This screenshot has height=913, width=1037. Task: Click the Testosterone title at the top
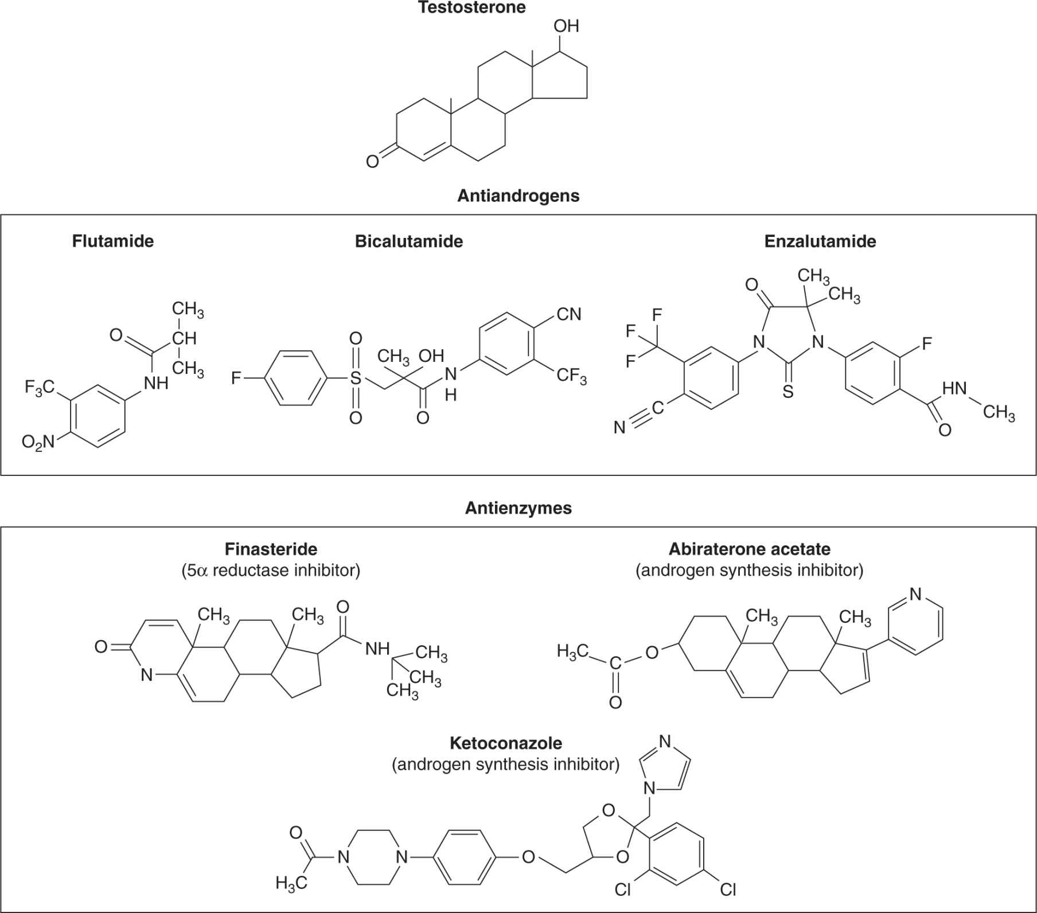click(x=472, y=7)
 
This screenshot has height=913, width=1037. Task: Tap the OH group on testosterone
click(x=566, y=26)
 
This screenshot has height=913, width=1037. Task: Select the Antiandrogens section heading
click(x=518, y=196)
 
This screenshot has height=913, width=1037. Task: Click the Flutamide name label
click(x=113, y=241)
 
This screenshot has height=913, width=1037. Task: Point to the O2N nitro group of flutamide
click(x=38, y=442)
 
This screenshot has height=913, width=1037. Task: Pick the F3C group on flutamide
click(x=39, y=388)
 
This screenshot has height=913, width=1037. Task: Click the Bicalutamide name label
click(x=408, y=241)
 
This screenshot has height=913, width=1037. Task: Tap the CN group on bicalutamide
click(x=568, y=314)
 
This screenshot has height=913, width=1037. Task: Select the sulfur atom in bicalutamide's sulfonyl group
click(x=356, y=378)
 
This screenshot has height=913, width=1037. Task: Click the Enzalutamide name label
click(x=820, y=241)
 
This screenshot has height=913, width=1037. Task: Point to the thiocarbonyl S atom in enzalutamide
click(x=788, y=392)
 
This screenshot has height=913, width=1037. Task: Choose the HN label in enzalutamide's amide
click(x=954, y=388)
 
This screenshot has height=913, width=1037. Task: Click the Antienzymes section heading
click(x=518, y=508)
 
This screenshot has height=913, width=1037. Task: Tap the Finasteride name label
click(x=271, y=549)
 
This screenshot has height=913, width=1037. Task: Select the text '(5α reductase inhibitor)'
click(x=271, y=571)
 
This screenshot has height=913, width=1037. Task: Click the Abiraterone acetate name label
click(x=749, y=549)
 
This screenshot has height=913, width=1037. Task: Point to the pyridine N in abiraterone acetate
click(x=915, y=594)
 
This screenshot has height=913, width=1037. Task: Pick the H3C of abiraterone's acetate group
click(x=572, y=651)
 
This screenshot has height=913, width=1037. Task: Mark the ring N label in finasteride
click(x=147, y=675)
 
